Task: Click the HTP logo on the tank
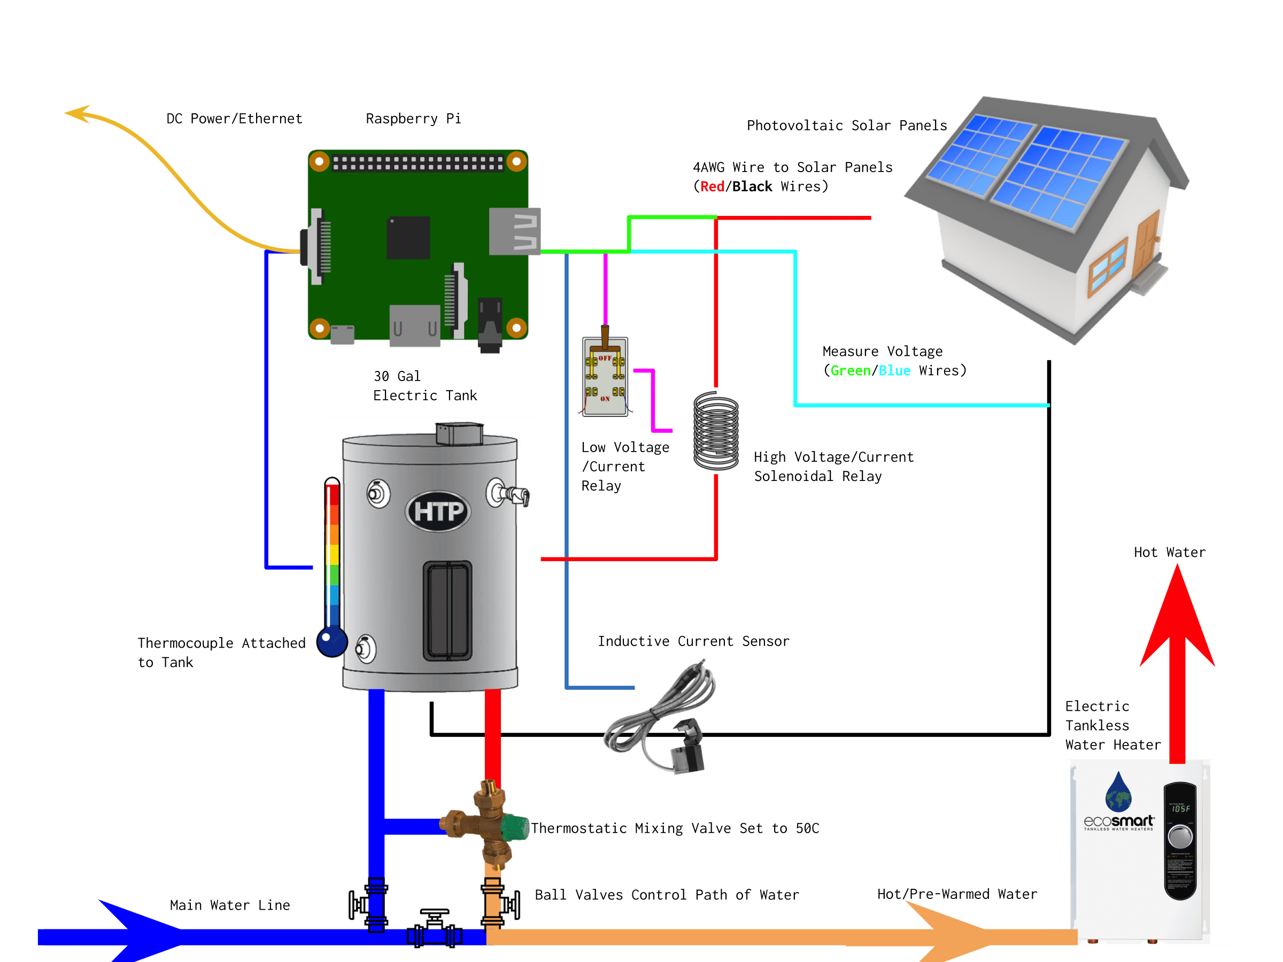438,512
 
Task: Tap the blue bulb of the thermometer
332,641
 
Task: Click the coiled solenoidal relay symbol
716,430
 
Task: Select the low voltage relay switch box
605,377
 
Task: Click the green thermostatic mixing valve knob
513,827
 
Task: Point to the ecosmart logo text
1118,821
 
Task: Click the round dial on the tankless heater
1180,837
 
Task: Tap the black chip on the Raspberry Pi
408,238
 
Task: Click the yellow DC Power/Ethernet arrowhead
78,113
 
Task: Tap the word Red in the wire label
712,187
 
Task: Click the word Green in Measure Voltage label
851,370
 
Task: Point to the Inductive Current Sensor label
693,641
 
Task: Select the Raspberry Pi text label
413,119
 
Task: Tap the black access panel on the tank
447,610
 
